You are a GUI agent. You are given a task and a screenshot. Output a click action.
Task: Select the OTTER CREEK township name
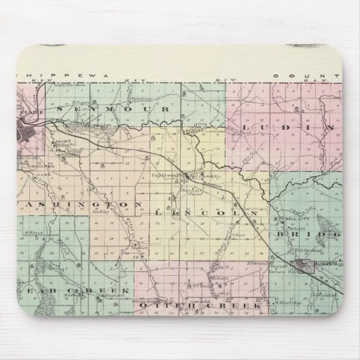200,306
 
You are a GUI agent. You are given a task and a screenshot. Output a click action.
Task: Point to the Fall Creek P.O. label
164,175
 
